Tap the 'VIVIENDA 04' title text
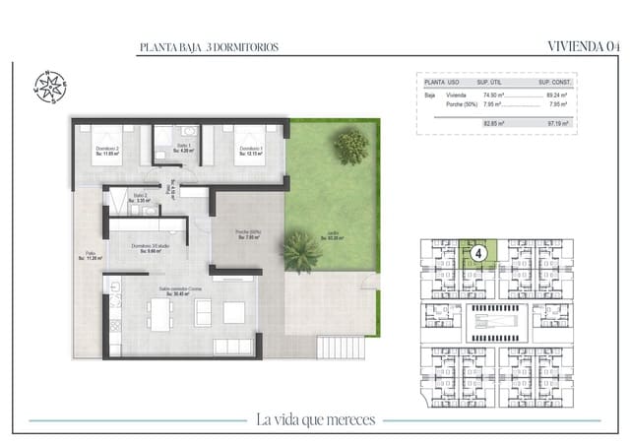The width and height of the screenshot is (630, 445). tap(582, 46)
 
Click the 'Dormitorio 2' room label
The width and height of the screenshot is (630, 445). tap(106, 150)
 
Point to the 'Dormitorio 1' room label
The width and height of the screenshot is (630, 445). tap(246, 150)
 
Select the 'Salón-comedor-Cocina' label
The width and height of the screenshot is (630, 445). tap(178, 290)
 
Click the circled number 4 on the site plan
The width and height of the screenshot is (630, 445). tap(477, 253)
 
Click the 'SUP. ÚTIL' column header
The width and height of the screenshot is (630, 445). tap(490, 83)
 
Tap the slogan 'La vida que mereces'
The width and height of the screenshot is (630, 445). tap(315, 420)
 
